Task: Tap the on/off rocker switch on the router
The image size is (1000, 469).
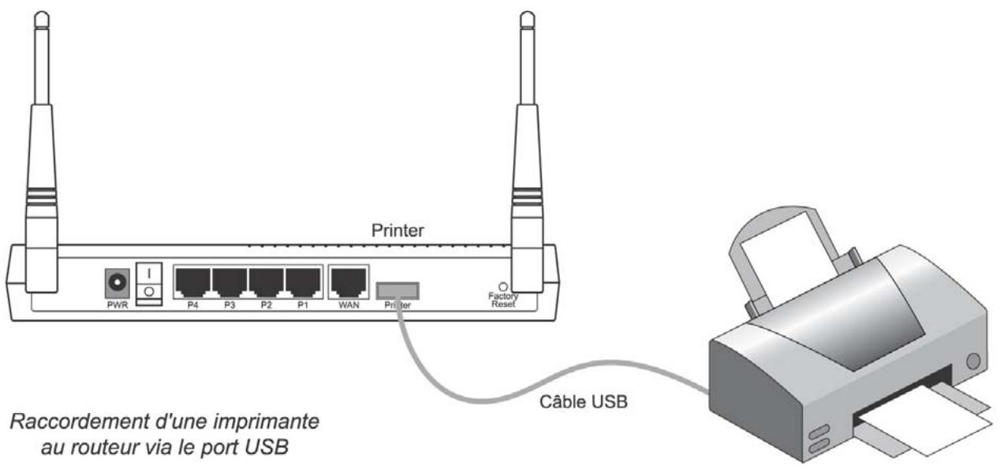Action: coord(147,282)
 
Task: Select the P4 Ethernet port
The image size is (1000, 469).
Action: coord(192,281)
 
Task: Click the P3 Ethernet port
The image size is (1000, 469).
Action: coord(229,281)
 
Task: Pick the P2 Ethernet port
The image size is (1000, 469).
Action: coord(266,281)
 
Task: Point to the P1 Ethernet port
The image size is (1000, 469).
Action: coord(302,281)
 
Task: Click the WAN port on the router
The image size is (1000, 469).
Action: coord(348,281)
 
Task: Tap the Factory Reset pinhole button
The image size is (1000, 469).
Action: coord(502,286)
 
